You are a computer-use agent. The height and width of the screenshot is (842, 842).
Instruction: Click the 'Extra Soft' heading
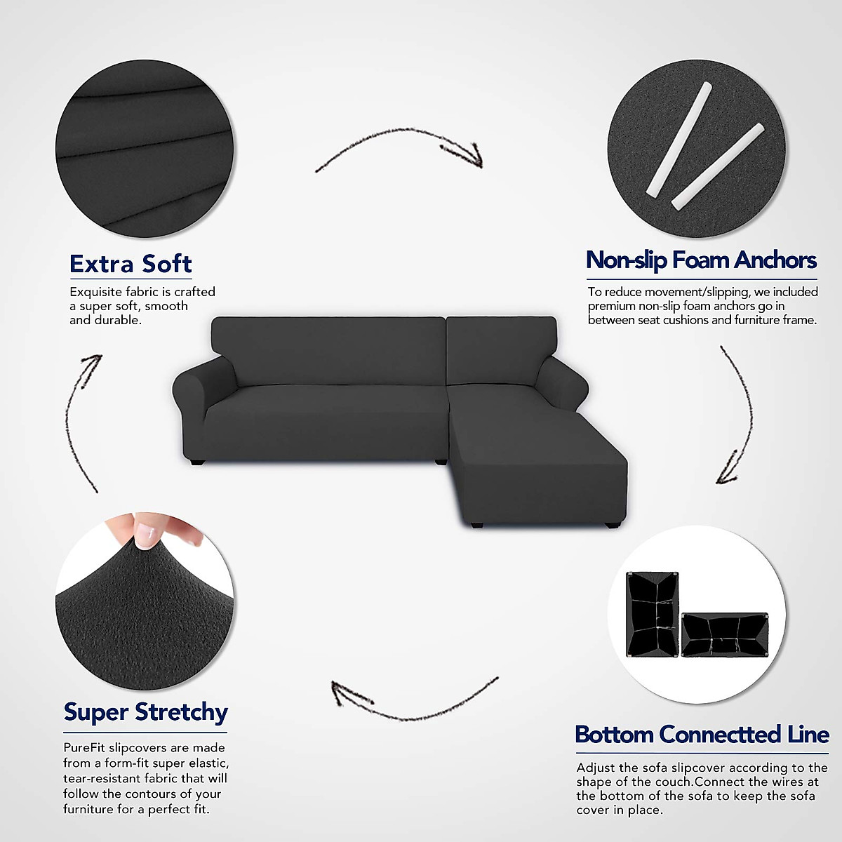[131, 264]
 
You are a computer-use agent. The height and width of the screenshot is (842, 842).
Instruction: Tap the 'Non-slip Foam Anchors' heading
[701, 260]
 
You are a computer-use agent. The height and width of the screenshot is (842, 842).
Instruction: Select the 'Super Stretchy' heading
[145, 711]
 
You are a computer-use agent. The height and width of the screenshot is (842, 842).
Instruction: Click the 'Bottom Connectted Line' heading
[702, 735]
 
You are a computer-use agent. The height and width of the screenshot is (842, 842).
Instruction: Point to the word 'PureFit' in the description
[85, 748]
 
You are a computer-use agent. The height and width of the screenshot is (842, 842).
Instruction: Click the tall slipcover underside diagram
[653, 612]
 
